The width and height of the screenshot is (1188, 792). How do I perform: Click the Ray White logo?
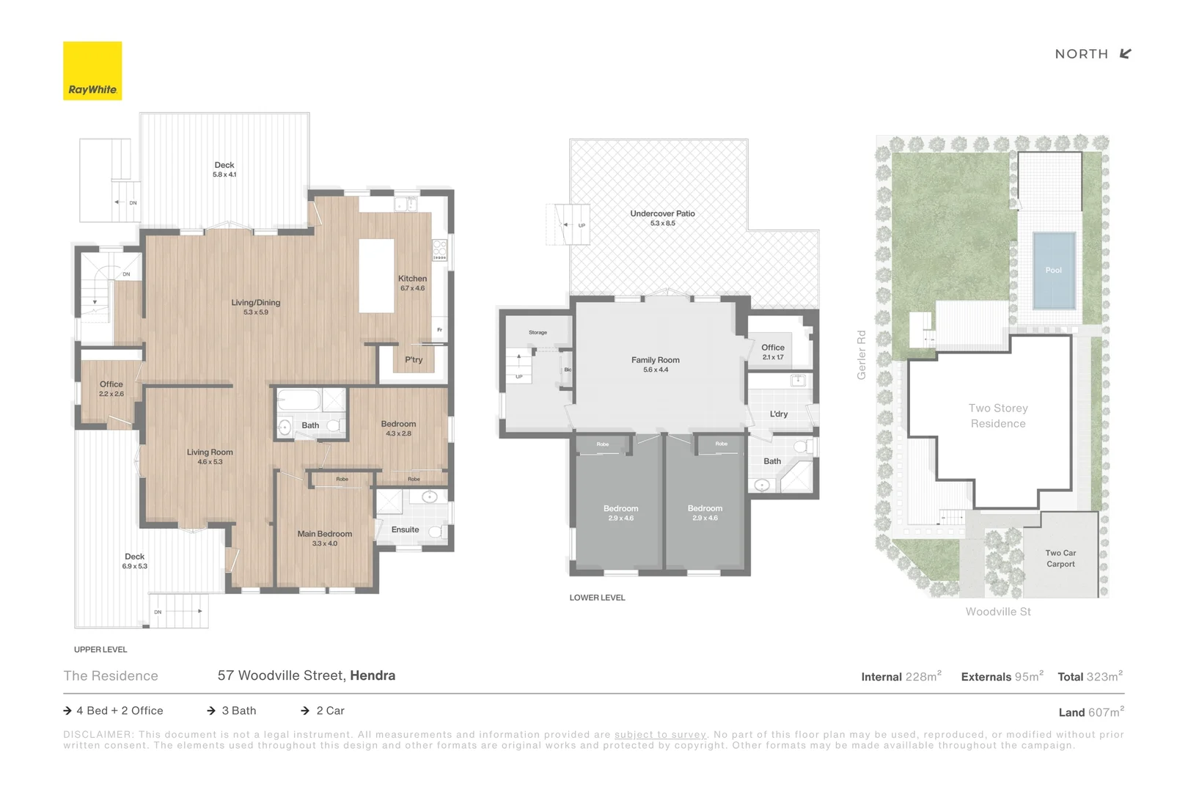pyautogui.click(x=92, y=70)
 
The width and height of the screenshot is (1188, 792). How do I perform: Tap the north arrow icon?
pyautogui.click(x=1126, y=54)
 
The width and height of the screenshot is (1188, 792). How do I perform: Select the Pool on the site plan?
pyautogui.click(x=1053, y=270)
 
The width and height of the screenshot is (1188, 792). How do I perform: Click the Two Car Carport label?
pyautogui.click(x=1060, y=558)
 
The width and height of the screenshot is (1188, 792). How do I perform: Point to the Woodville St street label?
pyautogui.click(x=997, y=612)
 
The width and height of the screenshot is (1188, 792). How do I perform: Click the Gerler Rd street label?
pyautogui.click(x=862, y=355)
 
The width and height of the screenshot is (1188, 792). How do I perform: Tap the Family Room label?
pyautogui.click(x=655, y=360)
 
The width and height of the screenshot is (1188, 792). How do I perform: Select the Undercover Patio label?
pyautogui.click(x=662, y=214)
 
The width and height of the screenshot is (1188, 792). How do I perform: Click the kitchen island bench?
pyautogui.click(x=376, y=276)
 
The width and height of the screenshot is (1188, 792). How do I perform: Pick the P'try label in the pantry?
pyautogui.click(x=414, y=360)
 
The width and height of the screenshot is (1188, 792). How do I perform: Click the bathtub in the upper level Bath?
pyautogui.click(x=298, y=400)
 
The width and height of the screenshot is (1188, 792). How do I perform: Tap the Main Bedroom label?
pyautogui.click(x=324, y=534)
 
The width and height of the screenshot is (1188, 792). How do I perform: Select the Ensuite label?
pyautogui.click(x=405, y=529)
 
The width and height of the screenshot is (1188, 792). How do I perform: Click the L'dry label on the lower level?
pyautogui.click(x=779, y=414)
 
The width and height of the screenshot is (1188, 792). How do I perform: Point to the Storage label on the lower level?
pyautogui.click(x=538, y=333)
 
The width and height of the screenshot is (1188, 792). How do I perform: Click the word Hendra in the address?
pyautogui.click(x=373, y=675)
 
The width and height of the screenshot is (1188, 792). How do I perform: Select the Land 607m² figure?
pyautogui.click(x=1091, y=712)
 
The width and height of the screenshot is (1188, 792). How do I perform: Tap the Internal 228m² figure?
pyautogui.click(x=901, y=677)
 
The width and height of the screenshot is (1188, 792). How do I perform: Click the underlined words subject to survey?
pyautogui.click(x=660, y=735)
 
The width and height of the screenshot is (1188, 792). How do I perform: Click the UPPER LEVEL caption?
pyautogui.click(x=100, y=650)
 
